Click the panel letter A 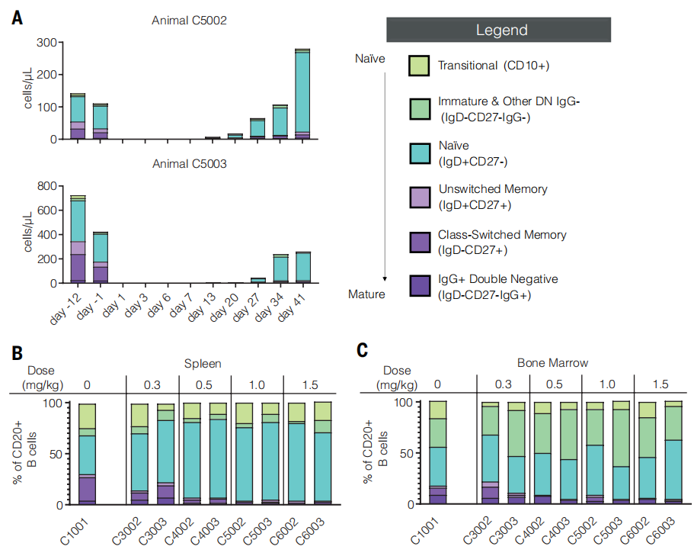[x=17, y=18]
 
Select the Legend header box [x=501, y=30]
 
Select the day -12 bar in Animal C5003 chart [x=78, y=239]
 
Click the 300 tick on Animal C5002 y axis [x=46, y=42]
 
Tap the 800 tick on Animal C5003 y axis [x=46, y=186]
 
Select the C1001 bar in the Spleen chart [x=88, y=455]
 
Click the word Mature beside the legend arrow [x=366, y=294]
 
